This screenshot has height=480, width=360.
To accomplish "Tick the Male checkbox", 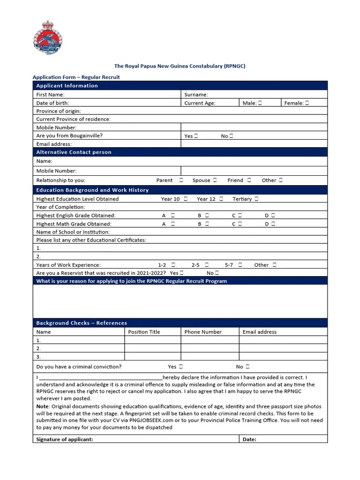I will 260,103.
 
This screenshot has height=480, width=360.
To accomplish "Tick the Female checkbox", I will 307,103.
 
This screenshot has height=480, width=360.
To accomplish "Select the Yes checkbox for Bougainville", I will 196,136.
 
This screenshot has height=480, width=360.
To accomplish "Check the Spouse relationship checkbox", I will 215,180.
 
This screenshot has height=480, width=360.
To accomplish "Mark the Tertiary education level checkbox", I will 256,199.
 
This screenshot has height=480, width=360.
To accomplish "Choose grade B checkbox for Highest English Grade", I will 207,216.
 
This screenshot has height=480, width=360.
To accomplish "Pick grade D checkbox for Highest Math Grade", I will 273,224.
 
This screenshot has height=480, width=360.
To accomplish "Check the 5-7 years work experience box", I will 240,265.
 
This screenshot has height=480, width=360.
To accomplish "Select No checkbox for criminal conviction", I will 247,367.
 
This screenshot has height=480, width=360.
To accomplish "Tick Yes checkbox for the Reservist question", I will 181,273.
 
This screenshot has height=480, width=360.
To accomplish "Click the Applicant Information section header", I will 67,86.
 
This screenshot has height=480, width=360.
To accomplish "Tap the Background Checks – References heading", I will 82,323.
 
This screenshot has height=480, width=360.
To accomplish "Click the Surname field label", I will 196,95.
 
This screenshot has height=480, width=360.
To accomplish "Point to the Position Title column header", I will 144,332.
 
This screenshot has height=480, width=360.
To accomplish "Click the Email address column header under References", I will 259,332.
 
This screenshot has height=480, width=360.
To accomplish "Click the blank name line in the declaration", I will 101,377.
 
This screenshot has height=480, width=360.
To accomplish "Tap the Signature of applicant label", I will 65,439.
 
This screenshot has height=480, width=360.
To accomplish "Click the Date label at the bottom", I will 249,439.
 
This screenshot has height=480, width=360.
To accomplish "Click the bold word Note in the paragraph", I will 43,406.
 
